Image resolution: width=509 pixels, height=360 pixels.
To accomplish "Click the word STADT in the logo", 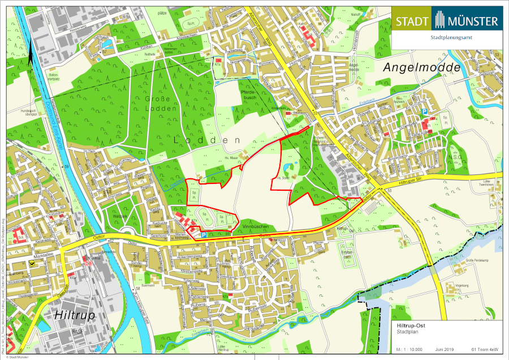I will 411,22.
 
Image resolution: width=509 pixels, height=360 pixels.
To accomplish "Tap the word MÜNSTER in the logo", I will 473,22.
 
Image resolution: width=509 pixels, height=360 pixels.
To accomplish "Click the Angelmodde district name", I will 423,67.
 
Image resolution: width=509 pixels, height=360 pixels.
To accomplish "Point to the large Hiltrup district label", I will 74,314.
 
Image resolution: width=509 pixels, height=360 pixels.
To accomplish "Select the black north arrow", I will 29,54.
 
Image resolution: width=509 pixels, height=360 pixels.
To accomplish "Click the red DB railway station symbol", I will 88,263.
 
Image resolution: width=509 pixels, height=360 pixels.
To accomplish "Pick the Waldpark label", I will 122,216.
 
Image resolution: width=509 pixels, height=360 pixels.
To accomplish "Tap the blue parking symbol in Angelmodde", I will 424,113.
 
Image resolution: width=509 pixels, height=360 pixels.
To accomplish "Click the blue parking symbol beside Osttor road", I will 203,234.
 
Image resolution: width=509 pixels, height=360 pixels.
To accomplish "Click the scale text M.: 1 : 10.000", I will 409,349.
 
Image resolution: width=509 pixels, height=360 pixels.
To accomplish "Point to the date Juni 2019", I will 445,349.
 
